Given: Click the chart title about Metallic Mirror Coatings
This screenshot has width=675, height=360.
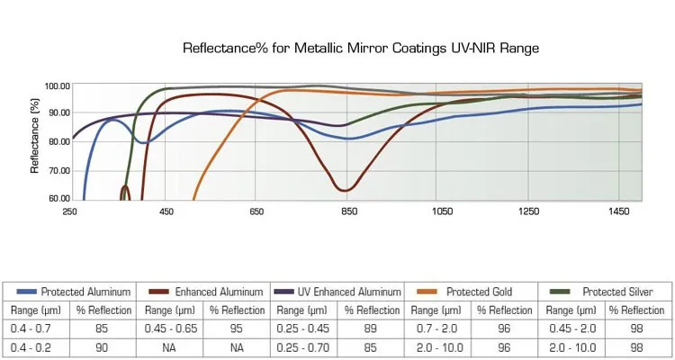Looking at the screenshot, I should pos(361,48).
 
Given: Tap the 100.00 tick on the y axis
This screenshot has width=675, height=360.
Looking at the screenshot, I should pos(57,86).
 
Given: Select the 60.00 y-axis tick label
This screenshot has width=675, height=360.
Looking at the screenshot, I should pos(57,199).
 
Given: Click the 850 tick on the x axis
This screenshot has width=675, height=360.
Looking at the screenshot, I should pos(349,212).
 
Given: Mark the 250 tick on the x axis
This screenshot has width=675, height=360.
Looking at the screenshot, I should pos(69,212).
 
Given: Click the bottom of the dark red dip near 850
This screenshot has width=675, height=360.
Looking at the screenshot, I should pos(345,190).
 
